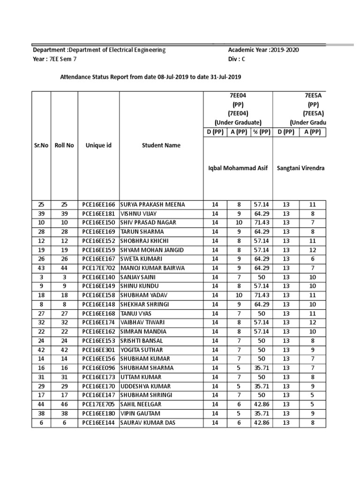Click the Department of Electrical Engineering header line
pyautogui.click(x=98, y=50)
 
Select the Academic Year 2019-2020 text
pyautogui.click(x=263, y=50)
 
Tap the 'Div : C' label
pyautogui.click(x=237, y=60)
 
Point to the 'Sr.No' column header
pyautogui.click(x=41, y=145)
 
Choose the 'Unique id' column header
pyautogui.click(x=98, y=145)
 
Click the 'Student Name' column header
pyautogui.click(x=161, y=145)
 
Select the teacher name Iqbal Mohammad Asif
pyautogui.click(x=238, y=168)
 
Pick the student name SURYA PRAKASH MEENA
pyautogui.click(x=153, y=204)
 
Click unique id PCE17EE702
pyautogui.click(x=98, y=268)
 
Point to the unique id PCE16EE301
pyautogui.click(x=98, y=350)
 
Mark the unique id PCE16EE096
pyautogui.click(x=98, y=368)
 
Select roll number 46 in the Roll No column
pyautogui.click(x=64, y=404)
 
